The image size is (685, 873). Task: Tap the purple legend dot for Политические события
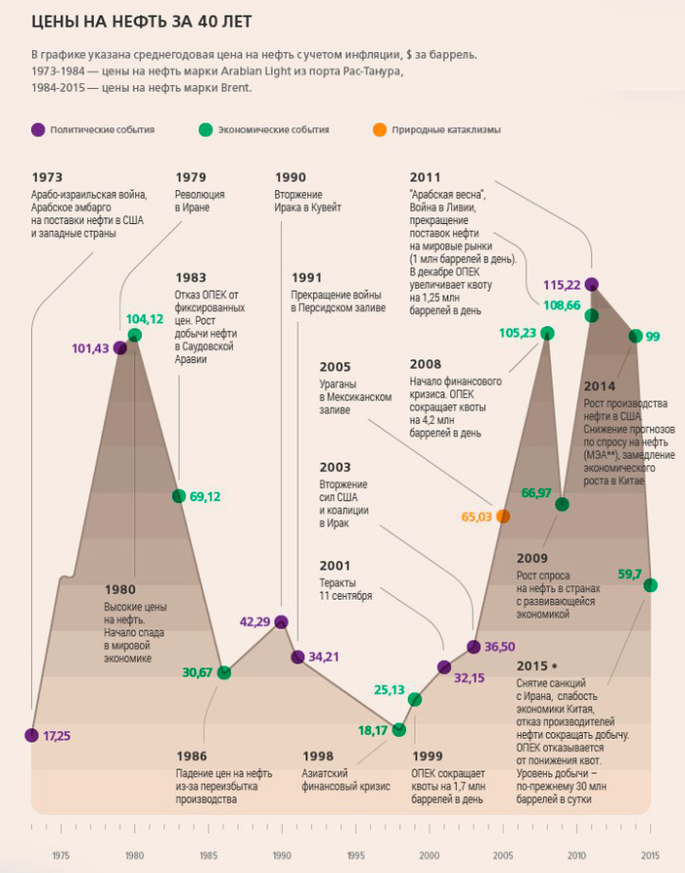(38, 129)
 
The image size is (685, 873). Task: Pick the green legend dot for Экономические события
(205, 129)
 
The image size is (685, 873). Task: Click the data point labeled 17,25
(32, 735)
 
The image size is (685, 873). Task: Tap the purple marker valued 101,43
(120, 347)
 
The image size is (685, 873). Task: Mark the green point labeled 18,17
(399, 729)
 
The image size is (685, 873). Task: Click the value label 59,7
(629, 574)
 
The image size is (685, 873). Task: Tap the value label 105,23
(518, 333)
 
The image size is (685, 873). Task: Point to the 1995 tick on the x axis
(356, 853)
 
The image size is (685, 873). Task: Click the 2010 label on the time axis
(576, 853)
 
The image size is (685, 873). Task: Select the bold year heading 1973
(47, 177)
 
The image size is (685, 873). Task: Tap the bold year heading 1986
(192, 757)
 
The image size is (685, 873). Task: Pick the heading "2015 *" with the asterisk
(539, 666)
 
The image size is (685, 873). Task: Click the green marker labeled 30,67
(224, 671)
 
